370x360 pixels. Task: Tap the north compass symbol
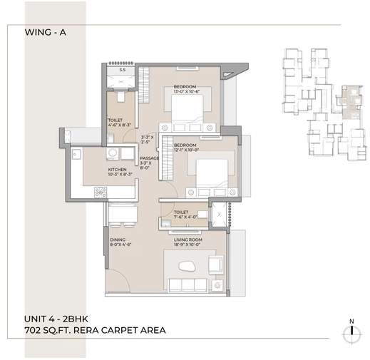[x=350, y=332]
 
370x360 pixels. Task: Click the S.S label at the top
[x=122, y=70]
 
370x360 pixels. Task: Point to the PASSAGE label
[x=149, y=158]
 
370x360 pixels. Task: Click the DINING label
[x=118, y=240]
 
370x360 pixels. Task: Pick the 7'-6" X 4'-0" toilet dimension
[x=181, y=217]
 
